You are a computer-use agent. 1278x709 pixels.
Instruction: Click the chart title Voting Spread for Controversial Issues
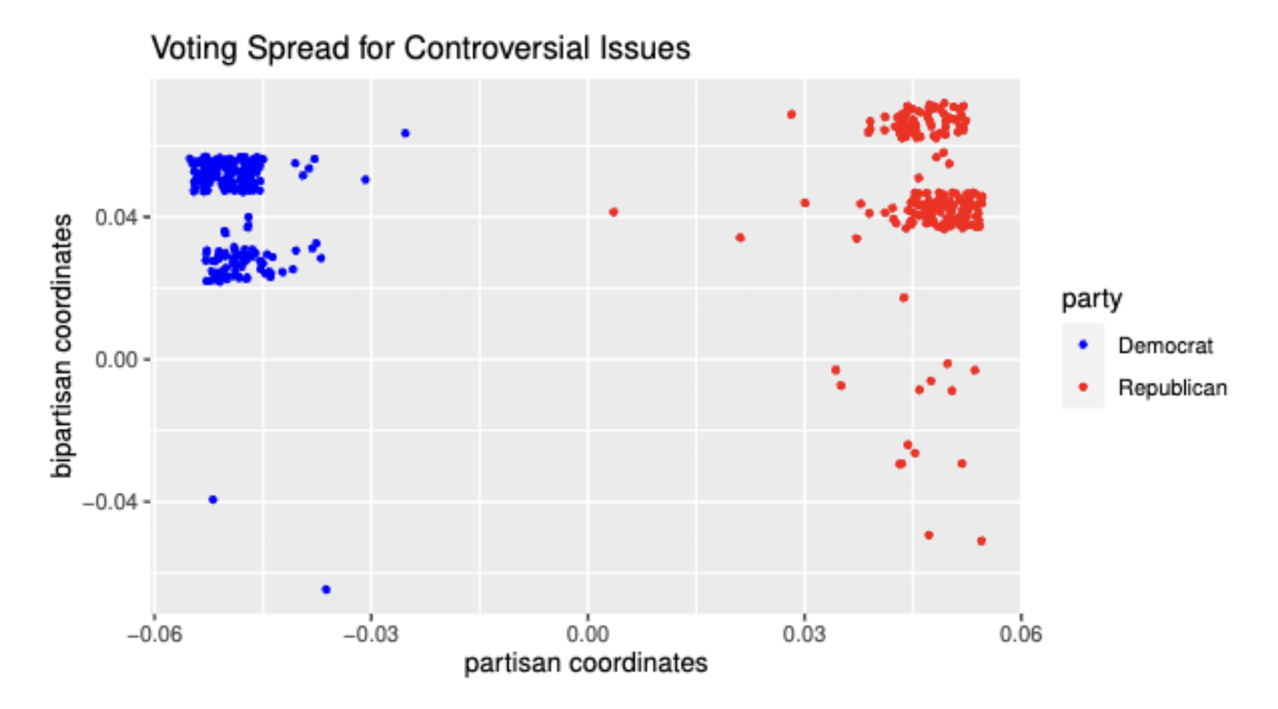coord(421,48)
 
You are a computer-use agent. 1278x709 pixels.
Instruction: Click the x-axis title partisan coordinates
coord(585,663)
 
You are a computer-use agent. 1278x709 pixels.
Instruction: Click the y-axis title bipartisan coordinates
coord(62,346)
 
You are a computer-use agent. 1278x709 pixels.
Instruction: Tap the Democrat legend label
coord(1165,346)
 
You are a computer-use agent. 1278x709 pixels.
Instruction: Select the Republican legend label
coord(1173,388)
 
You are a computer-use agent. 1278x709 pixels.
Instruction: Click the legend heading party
coord(1092,299)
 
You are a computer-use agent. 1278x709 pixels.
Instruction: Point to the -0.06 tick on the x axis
coord(154,634)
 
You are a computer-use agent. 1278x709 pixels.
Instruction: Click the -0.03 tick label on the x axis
coord(371,634)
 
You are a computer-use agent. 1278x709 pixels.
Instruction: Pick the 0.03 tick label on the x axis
coord(804,634)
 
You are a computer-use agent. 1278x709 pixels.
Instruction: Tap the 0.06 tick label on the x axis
coord(1020,634)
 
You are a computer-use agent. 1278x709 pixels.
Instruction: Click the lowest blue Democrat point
coord(326,589)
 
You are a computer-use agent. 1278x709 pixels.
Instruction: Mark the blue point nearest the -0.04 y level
coord(213,499)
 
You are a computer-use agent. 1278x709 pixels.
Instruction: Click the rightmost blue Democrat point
coord(405,133)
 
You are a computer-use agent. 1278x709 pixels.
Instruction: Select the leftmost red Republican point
coord(613,212)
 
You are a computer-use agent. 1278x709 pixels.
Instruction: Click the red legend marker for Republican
coord(1083,387)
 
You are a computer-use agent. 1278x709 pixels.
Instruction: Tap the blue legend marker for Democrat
coord(1083,345)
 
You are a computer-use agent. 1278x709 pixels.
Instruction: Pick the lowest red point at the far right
coord(981,541)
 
